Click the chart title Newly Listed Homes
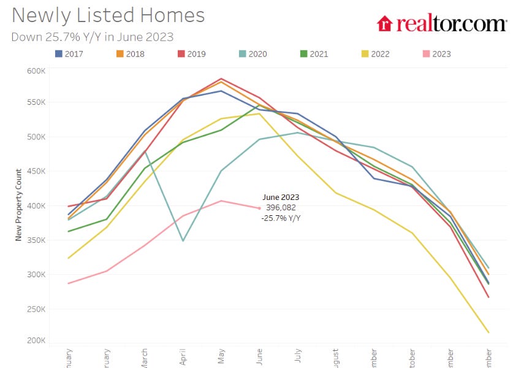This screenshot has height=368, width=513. point(108,15)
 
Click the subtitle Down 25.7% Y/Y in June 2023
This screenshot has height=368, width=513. point(93,37)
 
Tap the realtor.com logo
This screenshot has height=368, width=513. point(441,23)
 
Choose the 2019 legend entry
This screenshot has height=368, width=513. point(191,54)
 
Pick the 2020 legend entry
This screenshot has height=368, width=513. point(252,54)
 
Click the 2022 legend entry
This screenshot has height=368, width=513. point(374,54)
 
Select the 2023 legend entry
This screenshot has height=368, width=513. point(435,54)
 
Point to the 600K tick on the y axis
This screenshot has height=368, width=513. point(36,71)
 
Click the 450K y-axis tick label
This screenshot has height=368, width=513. point(36,171)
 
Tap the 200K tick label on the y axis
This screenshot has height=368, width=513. point(36,340)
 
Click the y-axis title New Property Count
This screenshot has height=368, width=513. point(18,205)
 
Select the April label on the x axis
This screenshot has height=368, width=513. point(183,357)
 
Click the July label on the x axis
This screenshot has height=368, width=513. point(297,357)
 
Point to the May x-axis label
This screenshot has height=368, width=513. point(221,357)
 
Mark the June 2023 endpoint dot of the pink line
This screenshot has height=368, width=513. point(259,208)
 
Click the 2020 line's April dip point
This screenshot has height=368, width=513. point(183,240)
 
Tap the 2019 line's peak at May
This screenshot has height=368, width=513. point(221,79)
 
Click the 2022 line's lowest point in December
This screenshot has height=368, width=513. point(488,332)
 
